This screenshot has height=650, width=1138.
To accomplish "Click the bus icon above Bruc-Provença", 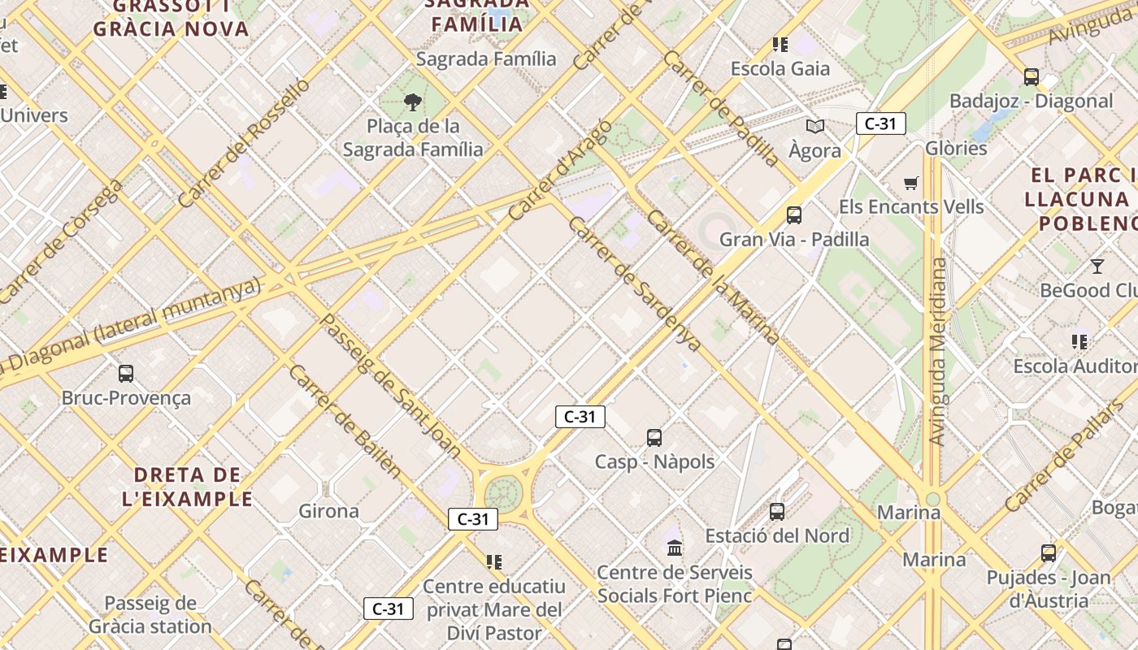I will pyautogui.click(x=126, y=374).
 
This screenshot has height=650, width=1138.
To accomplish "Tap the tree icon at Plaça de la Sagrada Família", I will pyautogui.click(x=413, y=102).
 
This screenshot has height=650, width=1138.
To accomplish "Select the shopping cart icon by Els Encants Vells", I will pyautogui.click(x=911, y=184).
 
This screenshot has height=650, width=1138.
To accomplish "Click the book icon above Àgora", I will pyautogui.click(x=815, y=126).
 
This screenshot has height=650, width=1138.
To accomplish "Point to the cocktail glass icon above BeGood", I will pyautogui.click(x=1097, y=266).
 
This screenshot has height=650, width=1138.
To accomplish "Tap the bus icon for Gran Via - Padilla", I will pyautogui.click(x=794, y=215).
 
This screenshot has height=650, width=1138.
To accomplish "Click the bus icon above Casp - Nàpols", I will pyautogui.click(x=654, y=438).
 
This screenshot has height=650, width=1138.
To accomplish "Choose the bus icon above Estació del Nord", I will pyautogui.click(x=777, y=512).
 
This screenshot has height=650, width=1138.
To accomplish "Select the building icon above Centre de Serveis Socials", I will pyautogui.click(x=675, y=548).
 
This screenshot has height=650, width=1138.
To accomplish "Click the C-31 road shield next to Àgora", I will pyautogui.click(x=880, y=124).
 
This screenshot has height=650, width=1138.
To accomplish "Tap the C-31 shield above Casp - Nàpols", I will pyautogui.click(x=580, y=418).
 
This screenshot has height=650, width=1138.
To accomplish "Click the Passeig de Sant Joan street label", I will pyautogui.click(x=391, y=386).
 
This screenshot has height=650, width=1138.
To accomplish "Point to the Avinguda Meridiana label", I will pyautogui.click(x=939, y=352).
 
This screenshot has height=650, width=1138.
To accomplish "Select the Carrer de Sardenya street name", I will pyautogui.click(x=635, y=284).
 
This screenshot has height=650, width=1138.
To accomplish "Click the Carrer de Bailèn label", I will pyautogui.click(x=345, y=421).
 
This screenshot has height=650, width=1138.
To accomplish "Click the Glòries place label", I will pyautogui.click(x=956, y=149).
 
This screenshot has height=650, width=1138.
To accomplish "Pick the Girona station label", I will pyautogui.click(x=329, y=511).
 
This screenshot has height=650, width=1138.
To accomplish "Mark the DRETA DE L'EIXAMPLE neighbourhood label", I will pyautogui.click(x=188, y=487).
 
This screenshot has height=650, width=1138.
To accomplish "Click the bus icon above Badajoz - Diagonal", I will pyautogui.click(x=1032, y=77).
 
